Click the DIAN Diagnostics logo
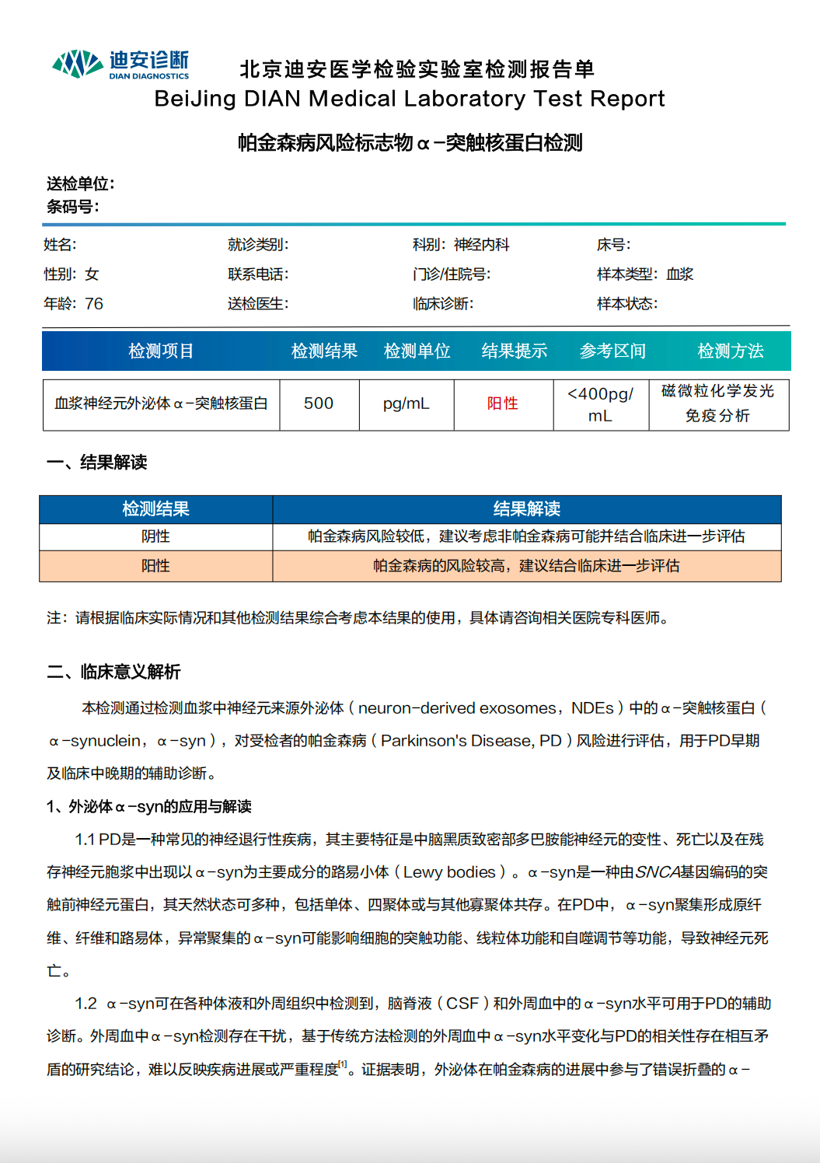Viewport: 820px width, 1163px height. pos(120,65)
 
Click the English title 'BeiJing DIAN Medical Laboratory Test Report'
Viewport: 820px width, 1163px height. pos(410,99)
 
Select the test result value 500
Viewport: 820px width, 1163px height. pos(319,403)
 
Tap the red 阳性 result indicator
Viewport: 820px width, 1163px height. pos(502,403)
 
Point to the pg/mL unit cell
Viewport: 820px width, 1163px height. pos(406,403)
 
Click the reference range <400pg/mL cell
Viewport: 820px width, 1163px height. pos(600,404)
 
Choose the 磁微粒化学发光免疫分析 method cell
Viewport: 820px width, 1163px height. pos(717,403)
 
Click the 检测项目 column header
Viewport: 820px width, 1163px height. pos(161,351)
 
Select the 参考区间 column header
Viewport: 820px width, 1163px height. pos(612,351)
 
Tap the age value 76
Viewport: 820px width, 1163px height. pos(94,304)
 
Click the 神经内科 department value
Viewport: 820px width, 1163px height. pos(481,245)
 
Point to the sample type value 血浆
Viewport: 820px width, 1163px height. pos(679,274)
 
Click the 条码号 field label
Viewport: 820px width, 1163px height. pos(72,207)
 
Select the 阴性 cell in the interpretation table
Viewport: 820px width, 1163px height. pos(155,536)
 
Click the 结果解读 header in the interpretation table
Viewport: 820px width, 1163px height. pos(526,509)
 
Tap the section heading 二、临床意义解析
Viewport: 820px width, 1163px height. pos(113,672)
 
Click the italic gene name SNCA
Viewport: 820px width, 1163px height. pos(658,872)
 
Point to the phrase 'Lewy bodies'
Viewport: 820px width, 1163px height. pos(449,872)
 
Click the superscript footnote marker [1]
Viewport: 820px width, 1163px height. pos(343,1064)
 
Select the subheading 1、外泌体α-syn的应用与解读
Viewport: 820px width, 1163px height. pos(149,807)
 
